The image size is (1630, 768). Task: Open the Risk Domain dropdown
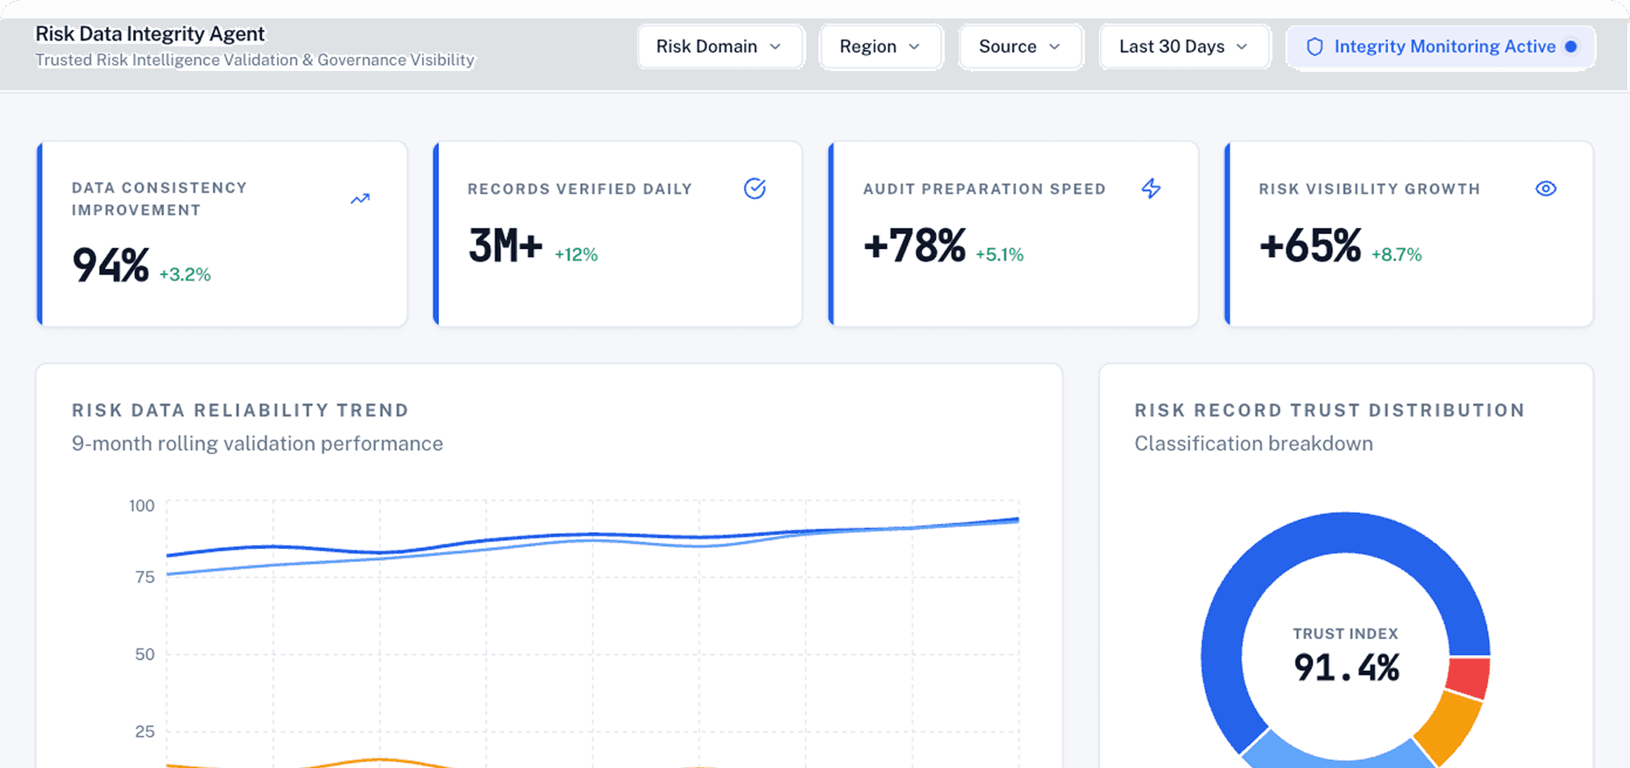719,46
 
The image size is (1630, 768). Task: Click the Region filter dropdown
880,46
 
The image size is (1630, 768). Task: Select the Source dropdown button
1020,46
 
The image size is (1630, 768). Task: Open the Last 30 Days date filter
1184,46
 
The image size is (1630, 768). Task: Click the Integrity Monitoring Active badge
1441,46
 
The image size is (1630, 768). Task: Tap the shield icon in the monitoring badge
1315,46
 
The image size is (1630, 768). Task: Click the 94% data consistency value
110,265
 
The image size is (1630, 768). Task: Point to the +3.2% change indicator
185,274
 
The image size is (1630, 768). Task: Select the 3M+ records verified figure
506,245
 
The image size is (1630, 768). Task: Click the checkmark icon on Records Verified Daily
755,188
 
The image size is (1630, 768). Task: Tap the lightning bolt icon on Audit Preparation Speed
1151,188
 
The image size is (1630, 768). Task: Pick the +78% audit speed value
914,245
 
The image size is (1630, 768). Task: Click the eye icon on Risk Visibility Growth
1546,188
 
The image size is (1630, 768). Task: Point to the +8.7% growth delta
1396,255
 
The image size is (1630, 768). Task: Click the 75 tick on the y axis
145,577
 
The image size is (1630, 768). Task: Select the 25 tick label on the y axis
145,731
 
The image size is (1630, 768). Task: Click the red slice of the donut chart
1468,678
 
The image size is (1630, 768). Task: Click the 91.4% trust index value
1346,668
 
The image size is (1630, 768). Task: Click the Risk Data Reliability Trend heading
240,410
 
